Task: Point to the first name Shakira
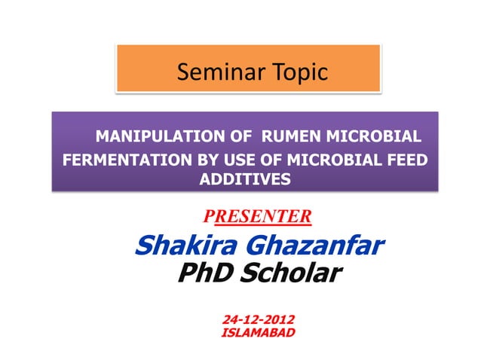click(182, 246)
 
